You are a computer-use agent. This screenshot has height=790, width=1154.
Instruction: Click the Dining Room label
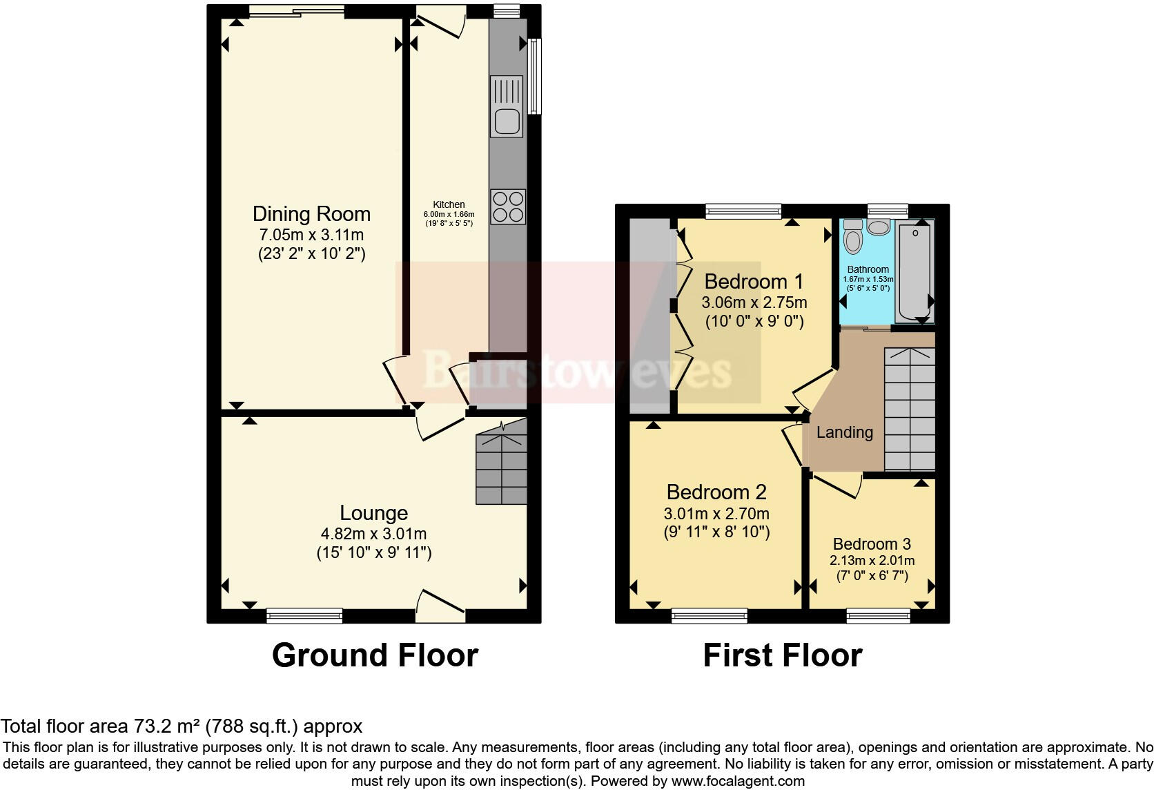[x=311, y=213]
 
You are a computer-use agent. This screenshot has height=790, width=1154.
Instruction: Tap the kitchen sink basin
[x=506, y=122]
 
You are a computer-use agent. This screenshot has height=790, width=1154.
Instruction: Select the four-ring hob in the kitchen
[x=508, y=206]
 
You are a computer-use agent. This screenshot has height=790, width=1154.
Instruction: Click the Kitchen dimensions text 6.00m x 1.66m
[x=449, y=215]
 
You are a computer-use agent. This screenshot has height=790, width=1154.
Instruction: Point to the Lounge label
[x=373, y=512]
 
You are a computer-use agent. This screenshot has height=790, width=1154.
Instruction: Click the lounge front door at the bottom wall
[x=440, y=602]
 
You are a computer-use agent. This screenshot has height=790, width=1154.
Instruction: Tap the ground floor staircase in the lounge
[x=502, y=467]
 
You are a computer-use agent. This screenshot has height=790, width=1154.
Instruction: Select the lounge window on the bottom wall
[x=304, y=615]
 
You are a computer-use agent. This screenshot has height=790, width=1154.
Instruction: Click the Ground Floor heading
[x=375, y=655]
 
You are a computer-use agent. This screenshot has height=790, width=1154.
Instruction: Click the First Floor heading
[x=782, y=655]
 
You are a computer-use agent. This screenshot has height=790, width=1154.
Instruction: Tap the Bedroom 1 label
[x=754, y=281]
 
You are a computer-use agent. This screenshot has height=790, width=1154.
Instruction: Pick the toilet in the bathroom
[x=854, y=238]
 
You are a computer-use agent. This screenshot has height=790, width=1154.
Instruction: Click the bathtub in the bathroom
[x=914, y=272]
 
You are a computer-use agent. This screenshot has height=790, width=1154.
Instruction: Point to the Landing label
[x=844, y=432]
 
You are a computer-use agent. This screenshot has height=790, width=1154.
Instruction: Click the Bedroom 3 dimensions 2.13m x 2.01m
[x=872, y=560]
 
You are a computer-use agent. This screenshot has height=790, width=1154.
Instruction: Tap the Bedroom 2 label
[x=716, y=492]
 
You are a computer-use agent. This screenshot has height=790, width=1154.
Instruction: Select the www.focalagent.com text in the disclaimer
[x=738, y=781]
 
